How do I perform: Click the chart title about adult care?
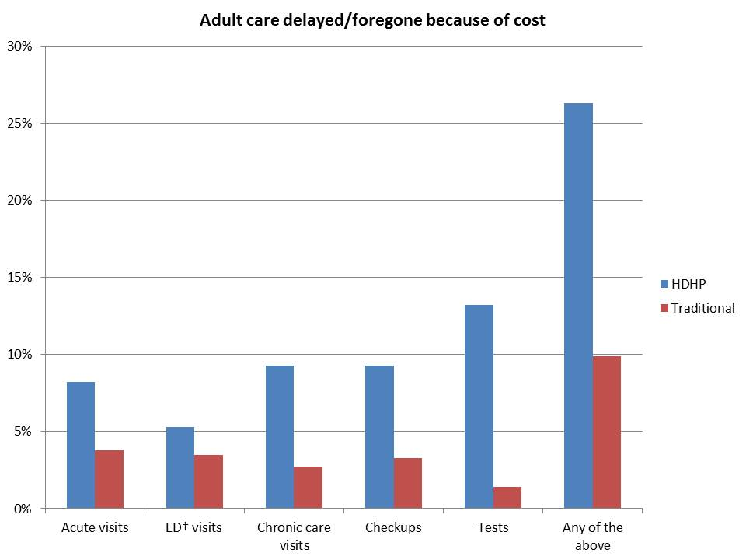[372, 20]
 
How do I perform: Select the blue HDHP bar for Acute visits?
[81, 445]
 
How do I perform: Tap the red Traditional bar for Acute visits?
[110, 479]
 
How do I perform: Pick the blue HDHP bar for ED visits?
[180, 467]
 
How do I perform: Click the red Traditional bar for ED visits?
[209, 481]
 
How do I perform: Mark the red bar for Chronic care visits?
[309, 488]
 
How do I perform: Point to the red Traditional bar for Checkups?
[408, 483]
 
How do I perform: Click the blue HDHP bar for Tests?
[479, 406]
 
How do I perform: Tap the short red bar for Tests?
[507, 498]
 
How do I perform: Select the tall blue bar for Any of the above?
[578, 306]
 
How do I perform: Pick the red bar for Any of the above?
[607, 432]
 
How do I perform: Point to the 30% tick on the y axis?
[21, 47]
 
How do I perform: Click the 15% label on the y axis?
[21, 278]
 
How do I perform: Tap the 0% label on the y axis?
[24, 509]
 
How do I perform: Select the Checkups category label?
[393, 527]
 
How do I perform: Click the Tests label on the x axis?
[493, 527]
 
